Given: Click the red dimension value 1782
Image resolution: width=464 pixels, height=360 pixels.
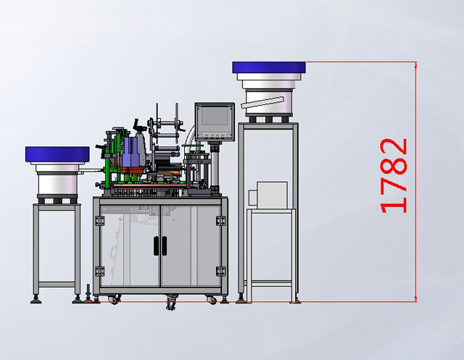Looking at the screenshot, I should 394,175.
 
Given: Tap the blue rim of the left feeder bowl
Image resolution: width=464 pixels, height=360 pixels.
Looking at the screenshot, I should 57,154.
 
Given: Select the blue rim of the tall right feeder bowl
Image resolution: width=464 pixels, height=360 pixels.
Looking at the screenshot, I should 269,68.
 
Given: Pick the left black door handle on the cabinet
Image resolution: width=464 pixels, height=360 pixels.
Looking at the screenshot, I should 155,246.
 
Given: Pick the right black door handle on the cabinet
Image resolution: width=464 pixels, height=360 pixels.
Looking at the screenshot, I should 164,246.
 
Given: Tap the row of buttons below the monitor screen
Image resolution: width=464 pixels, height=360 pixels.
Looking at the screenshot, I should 215,135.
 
